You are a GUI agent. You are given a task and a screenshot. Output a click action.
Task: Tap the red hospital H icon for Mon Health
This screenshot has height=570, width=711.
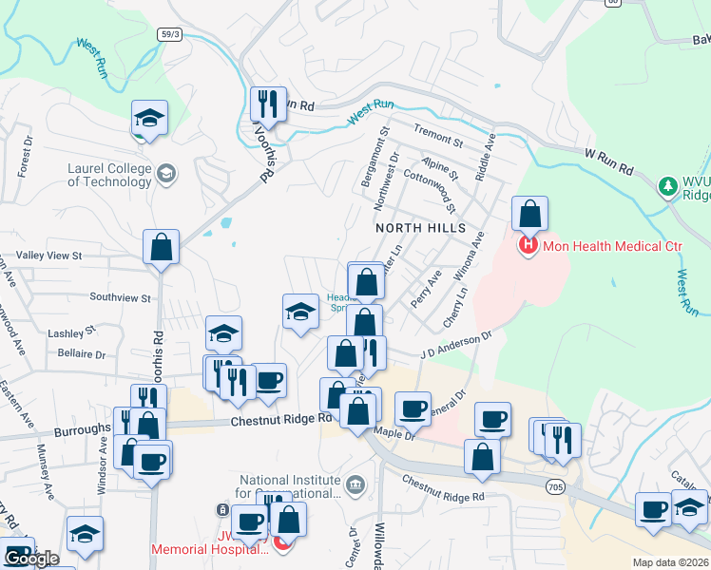click(528, 247)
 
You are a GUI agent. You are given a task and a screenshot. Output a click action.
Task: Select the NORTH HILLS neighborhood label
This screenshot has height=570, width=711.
click(421, 228)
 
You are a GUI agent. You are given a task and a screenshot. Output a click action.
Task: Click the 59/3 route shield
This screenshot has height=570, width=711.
click(171, 34)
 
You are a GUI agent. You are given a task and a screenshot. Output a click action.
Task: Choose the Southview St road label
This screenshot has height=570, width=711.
click(120, 297)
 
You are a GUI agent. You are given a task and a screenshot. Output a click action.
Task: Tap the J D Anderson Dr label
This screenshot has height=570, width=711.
click(457, 346)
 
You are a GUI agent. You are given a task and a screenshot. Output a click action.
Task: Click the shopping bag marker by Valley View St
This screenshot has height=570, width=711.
click(162, 248)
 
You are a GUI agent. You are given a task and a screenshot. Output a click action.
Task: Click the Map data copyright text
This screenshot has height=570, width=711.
click(671, 562)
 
